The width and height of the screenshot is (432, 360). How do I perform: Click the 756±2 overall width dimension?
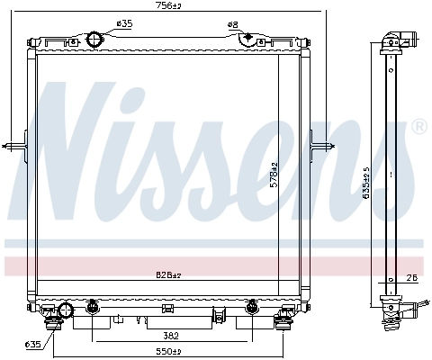click(x=163, y=6)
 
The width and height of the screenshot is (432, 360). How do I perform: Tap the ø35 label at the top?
click(x=124, y=24)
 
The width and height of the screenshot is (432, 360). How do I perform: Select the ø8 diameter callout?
click(x=233, y=24)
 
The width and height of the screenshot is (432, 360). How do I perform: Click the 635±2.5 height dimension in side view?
click(x=365, y=180)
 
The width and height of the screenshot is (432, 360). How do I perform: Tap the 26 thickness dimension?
click(x=411, y=279)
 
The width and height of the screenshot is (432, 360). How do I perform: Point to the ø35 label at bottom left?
click(x=32, y=344)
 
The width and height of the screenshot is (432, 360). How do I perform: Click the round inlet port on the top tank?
click(x=96, y=40)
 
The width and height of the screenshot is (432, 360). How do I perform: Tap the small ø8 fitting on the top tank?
click(x=247, y=39)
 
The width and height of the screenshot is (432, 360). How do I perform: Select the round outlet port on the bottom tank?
click(x=64, y=311)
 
